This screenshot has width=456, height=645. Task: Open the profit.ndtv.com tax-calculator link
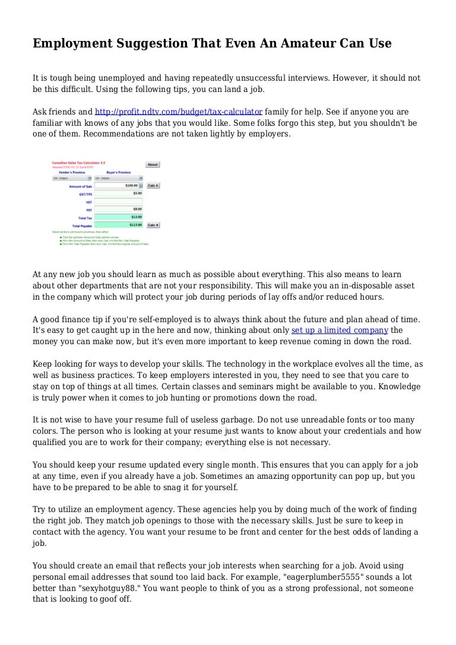(x=179, y=112)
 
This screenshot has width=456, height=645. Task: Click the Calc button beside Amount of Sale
(x=153, y=186)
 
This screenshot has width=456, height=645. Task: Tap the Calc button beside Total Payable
(x=153, y=225)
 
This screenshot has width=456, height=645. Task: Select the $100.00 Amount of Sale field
(x=119, y=186)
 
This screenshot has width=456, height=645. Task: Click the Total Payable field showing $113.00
(x=119, y=225)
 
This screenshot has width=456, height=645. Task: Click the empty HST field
(x=119, y=201)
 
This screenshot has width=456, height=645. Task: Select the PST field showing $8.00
(x=119, y=209)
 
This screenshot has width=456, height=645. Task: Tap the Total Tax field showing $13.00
(x=119, y=217)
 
